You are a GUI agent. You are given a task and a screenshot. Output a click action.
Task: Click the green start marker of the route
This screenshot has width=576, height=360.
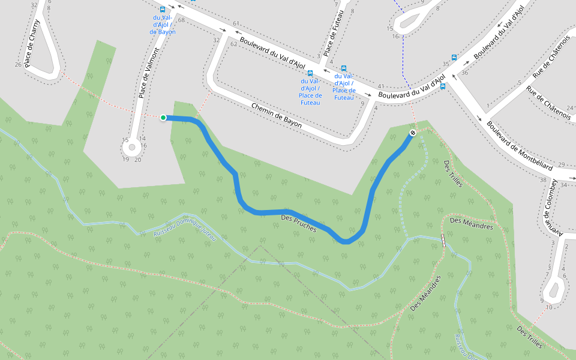pos(163,118)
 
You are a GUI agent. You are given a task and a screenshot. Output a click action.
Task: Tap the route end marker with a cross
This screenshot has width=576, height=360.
pos(413,133)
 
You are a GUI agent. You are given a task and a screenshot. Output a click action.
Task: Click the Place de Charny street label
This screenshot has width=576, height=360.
pos(33,43)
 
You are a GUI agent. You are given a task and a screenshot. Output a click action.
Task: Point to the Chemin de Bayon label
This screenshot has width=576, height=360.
pos(277,114)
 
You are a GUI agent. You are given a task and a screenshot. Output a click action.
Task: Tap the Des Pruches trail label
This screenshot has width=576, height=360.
pos(299,224)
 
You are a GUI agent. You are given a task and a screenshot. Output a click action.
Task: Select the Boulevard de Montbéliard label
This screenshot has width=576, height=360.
pos(519,146)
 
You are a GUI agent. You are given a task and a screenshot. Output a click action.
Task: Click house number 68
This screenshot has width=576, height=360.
pos(181,20)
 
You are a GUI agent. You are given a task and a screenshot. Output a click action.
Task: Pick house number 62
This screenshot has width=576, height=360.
pos(234,44)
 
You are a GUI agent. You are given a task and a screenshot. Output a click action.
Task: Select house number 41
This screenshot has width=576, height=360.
pos(381,86)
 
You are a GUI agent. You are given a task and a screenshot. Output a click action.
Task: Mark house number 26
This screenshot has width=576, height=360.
pos(18,65)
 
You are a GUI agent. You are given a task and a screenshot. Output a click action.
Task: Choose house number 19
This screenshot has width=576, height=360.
pos(125,159)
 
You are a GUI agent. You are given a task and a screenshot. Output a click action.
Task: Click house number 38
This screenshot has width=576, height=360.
pos(543,180)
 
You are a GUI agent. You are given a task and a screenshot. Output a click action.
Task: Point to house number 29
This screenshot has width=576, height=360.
pos(562,164)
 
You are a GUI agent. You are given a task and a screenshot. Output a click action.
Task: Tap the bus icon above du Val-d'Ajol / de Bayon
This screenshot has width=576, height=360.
pos(163,10)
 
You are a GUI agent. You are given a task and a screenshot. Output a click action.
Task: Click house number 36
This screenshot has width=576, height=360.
pos(465,73)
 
